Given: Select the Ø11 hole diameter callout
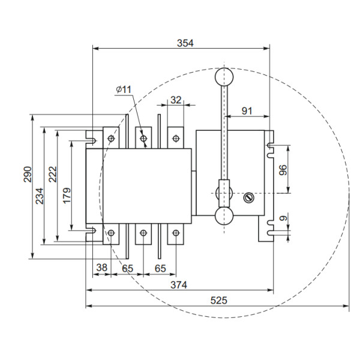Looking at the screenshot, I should pos(124,89).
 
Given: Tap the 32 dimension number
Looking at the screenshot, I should pos(175,100).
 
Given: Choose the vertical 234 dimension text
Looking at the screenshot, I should pos(40,196).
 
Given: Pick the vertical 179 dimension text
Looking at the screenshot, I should pos(66,193).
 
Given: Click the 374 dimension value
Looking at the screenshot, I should pos(178,285).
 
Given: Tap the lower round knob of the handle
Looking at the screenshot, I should pos(224,216).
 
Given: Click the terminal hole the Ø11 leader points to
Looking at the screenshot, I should pos(143,139).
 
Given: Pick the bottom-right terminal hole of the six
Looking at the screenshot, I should pos(175,233).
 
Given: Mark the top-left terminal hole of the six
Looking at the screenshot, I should pos(112,139).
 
